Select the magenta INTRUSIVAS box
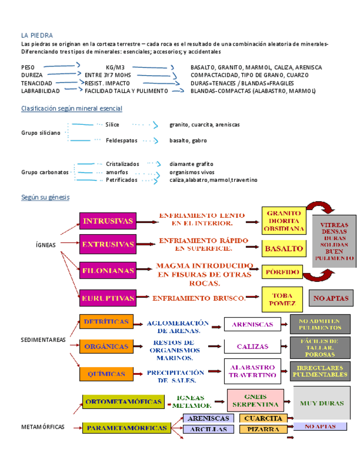[x=108, y=221]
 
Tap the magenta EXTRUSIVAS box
[x=108, y=243]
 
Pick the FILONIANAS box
[x=108, y=271]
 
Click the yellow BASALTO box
[x=284, y=248]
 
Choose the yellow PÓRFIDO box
[x=283, y=271]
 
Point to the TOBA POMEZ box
[x=283, y=299]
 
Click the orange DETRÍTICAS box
[x=106, y=321]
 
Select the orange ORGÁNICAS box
[x=106, y=347]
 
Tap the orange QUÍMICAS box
[x=106, y=374]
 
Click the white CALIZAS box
[x=252, y=347]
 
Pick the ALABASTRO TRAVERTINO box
[x=252, y=371]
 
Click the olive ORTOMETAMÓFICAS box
[x=124, y=402]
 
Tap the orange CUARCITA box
[x=263, y=419]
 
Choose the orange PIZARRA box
[x=263, y=429]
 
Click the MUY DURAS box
[x=322, y=403]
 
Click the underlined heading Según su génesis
[x=45, y=197]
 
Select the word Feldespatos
[x=121, y=141]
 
